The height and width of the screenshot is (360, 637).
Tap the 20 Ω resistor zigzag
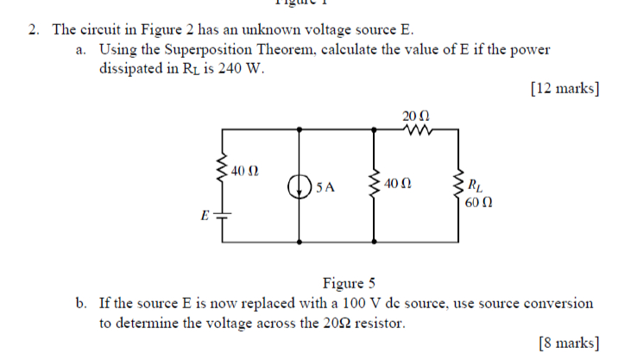(x=416, y=130)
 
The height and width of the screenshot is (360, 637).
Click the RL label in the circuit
(x=475, y=183)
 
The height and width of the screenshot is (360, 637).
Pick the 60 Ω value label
(x=478, y=203)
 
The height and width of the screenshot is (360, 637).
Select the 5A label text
(x=325, y=186)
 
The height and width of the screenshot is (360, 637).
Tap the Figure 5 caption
(x=348, y=283)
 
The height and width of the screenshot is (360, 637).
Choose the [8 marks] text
(x=567, y=343)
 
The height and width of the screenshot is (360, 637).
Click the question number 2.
(x=34, y=30)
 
